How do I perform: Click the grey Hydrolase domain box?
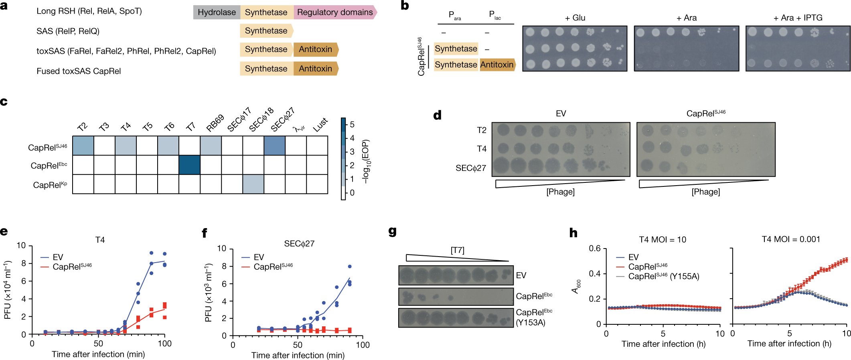point(217,12)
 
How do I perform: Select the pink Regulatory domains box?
point(335,12)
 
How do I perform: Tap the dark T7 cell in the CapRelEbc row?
point(189,165)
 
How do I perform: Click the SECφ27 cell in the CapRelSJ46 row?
point(274,146)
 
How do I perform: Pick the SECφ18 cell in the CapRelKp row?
point(253,184)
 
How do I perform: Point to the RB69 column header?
point(215,123)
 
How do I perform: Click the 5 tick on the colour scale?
point(352,124)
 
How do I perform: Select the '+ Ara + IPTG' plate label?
point(798,18)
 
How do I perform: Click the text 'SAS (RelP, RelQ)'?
point(68,31)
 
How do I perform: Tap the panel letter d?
point(437,115)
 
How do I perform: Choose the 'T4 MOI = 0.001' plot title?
point(790,239)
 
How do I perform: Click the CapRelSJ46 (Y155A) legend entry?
point(663,276)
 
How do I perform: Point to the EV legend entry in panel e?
point(57,257)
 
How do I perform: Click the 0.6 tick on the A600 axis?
point(595,249)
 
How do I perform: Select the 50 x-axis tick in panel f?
point(298,345)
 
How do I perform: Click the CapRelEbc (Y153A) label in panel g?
point(534,317)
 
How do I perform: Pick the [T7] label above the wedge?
point(457,250)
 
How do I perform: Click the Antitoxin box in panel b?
point(497,65)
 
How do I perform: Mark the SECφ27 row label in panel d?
point(470,168)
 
